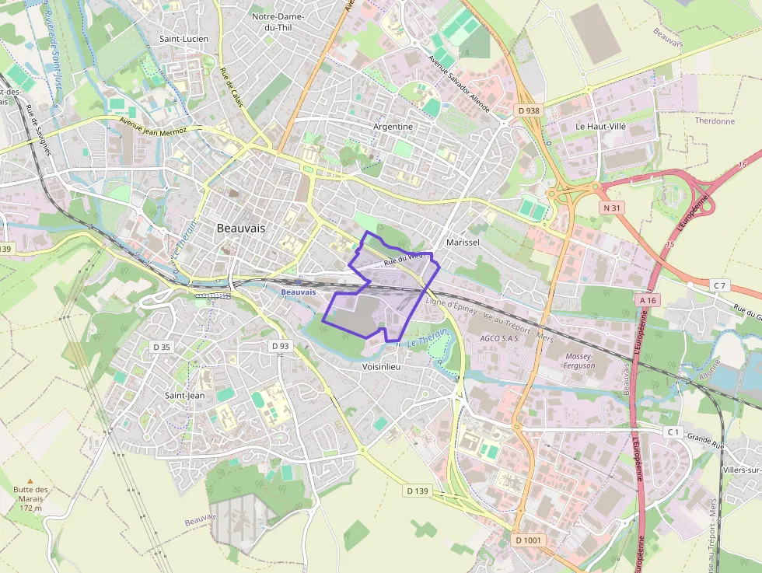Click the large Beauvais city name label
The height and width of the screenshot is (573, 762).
(x=241, y=229)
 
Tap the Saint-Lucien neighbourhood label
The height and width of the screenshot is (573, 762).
(x=184, y=38)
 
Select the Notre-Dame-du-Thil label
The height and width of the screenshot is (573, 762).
(x=278, y=22)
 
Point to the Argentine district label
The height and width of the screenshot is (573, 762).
(x=393, y=126)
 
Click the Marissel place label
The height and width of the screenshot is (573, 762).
(x=463, y=243)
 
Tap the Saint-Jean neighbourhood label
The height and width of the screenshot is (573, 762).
(x=185, y=395)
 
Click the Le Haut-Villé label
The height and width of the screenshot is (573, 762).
(x=600, y=125)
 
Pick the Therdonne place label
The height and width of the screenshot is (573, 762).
(x=715, y=121)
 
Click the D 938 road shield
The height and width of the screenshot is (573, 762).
(x=528, y=110)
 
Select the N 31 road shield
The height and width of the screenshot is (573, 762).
(x=611, y=208)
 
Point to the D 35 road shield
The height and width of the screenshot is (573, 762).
(x=161, y=347)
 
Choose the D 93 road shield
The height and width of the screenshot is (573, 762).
(x=280, y=345)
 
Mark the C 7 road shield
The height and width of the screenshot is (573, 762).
(x=719, y=286)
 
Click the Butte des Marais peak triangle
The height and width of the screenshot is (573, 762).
(x=31, y=481)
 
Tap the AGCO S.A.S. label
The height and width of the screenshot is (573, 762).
(x=499, y=338)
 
